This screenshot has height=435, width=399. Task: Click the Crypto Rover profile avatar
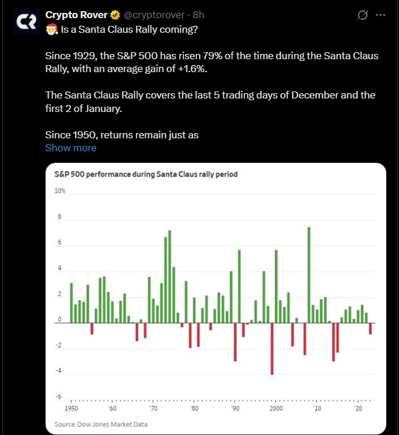point(25,22)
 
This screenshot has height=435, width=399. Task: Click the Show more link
point(71,148)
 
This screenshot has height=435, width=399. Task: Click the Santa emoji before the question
point(52,28)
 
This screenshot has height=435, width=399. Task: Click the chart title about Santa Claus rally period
point(145,174)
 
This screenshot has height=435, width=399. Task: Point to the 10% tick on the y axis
point(60,191)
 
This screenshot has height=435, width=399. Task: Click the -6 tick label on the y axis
point(59,397)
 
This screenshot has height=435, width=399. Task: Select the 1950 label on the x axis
point(71,408)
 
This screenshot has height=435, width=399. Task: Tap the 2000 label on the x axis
point(276,408)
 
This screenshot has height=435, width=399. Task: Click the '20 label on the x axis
point(357,408)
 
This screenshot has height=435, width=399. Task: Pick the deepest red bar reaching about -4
point(272,348)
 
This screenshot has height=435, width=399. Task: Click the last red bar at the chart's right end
point(370,328)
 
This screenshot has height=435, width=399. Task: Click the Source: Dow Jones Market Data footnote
point(101,424)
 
